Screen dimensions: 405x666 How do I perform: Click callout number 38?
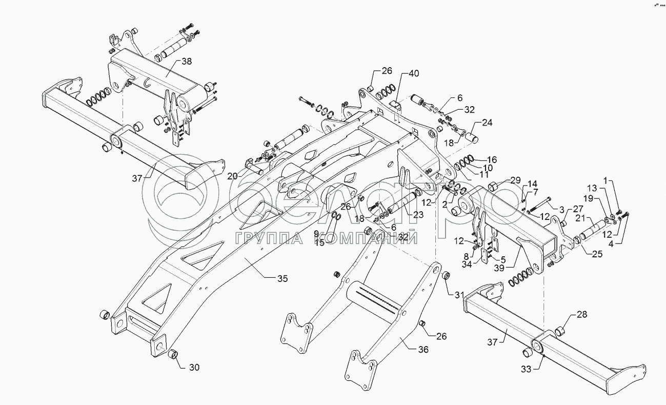pos(187,61)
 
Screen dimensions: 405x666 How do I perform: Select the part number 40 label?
pos(413,73)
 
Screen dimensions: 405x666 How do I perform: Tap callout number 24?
pos(487,123)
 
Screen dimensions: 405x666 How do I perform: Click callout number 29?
pos(515,180)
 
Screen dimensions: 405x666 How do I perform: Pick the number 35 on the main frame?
pos(282,279)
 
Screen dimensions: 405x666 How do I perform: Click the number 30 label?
pos(194,367)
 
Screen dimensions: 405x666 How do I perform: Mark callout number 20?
pos(233,175)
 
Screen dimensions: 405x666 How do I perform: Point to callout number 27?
pos(578,209)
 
